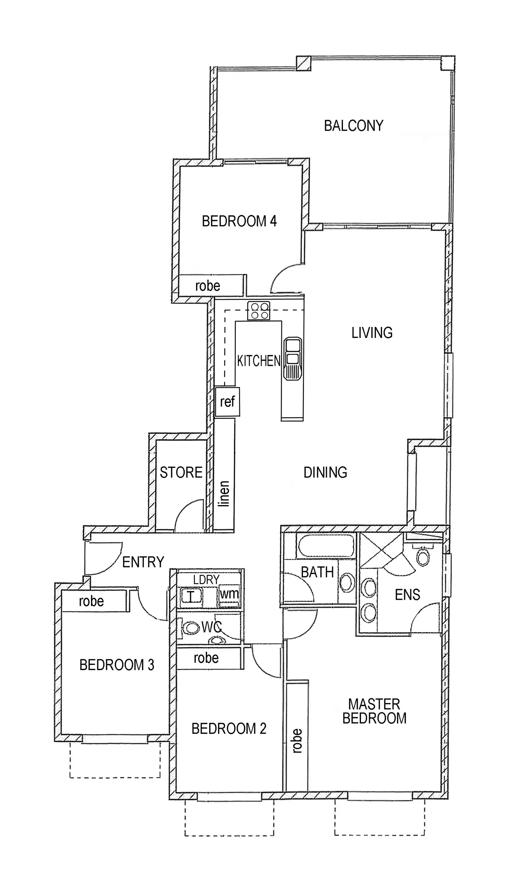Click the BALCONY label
point(354,126)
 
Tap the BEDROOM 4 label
point(239,221)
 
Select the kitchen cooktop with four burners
point(258,311)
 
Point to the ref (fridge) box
point(227,402)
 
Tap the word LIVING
point(372,333)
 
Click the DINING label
point(325,473)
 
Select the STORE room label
point(181,473)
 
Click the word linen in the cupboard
point(224,494)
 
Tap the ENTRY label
point(143,562)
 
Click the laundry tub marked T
point(191,596)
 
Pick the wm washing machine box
point(229,594)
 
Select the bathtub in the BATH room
point(326,546)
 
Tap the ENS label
point(407,595)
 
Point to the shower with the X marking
point(382,550)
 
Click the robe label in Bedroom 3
point(91,601)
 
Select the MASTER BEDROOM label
point(374,711)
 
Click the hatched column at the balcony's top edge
point(303,63)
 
